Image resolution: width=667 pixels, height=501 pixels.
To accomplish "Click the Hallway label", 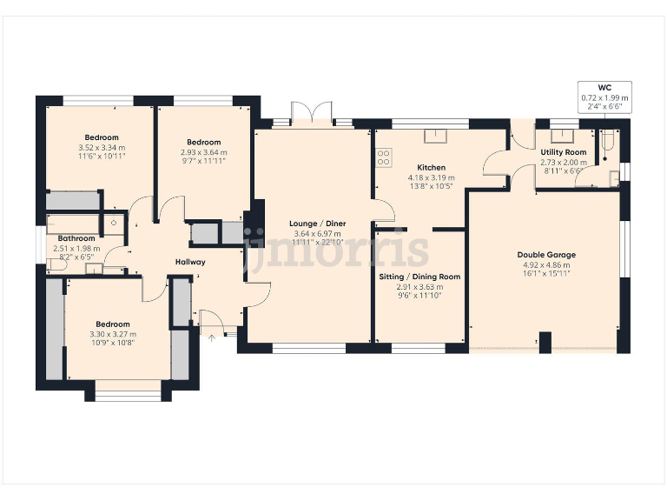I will click(190, 262).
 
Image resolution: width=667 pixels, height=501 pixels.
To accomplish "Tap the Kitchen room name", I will click(431, 168).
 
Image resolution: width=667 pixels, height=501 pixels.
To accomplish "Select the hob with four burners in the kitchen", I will click(382, 157).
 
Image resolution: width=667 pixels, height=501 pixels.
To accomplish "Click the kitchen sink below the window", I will click(432, 136).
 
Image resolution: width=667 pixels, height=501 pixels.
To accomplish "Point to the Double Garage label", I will click(546, 255).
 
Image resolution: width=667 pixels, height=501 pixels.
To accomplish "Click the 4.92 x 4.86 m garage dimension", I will click(546, 264).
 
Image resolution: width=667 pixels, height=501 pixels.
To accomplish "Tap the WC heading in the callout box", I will click(605, 88).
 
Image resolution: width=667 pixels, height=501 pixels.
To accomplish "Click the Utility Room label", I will click(564, 152).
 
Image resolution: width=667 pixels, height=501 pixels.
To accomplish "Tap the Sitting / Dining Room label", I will click(419, 277).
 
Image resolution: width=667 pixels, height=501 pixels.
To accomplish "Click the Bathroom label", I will click(76, 238).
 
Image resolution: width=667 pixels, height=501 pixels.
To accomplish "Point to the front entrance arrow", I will click(210, 336).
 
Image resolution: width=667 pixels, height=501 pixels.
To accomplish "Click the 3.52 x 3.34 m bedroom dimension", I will click(102, 148).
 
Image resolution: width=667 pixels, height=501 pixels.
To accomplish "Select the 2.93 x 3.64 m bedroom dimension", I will click(203, 152).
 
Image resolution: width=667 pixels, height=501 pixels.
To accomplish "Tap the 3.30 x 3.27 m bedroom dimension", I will click(113, 334).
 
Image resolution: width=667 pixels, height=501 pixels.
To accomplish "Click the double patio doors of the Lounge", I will click(311, 115).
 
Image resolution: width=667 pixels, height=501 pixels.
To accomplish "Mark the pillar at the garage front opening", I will click(545, 342).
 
